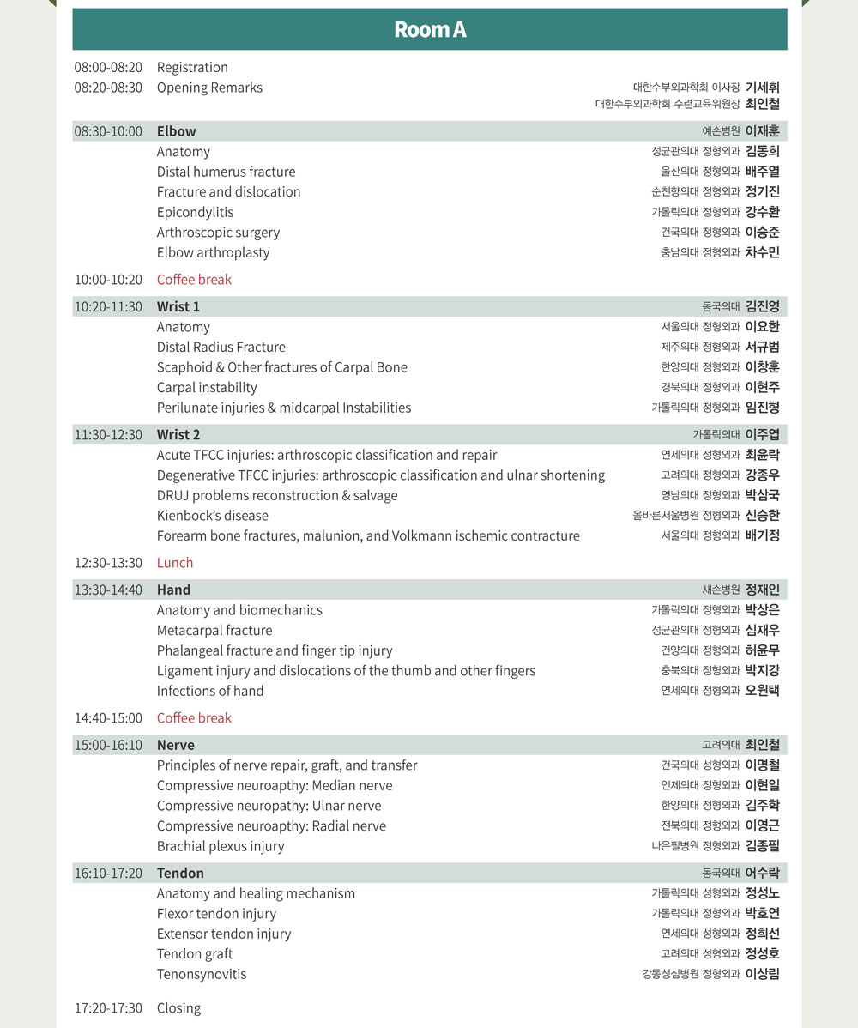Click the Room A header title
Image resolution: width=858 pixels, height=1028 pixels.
click(x=430, y=29)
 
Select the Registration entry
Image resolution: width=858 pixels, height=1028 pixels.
click(x=192, y=67)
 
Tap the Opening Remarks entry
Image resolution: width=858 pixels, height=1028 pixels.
click(x=209, y=88)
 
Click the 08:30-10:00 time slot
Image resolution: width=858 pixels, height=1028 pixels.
click(x=108, y=131)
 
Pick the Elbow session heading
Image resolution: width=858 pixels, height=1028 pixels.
click(x=176, y=131)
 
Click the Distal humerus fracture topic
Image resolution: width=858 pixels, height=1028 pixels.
click(x=226, y=172)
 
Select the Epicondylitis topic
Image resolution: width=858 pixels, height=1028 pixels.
click(x=195, y=212)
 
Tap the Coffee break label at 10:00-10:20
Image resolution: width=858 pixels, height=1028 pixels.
click(x=194, y=280)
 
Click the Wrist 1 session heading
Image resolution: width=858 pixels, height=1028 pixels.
click(x=178, y=306)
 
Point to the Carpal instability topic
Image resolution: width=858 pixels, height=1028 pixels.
click(x=207, y=387)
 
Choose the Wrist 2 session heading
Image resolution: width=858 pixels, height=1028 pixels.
click(x=178, y=434)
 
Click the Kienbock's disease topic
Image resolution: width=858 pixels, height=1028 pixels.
click(x=212, y=516)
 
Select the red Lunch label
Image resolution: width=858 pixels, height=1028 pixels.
click(x=175, y=563)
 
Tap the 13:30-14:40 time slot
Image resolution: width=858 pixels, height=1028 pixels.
click(x=108, y=590)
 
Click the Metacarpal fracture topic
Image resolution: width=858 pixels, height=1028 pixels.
click(x=214, y=630)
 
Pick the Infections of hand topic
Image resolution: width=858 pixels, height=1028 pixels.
click(x=210, y=691)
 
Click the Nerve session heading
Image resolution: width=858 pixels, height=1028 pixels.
click(x=175, y=745)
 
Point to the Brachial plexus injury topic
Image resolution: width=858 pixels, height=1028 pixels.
click(x=221, y=846)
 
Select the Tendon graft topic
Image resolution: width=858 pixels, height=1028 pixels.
click(x=194, y=953)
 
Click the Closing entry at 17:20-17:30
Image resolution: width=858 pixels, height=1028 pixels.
click(x=178, y=1007)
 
